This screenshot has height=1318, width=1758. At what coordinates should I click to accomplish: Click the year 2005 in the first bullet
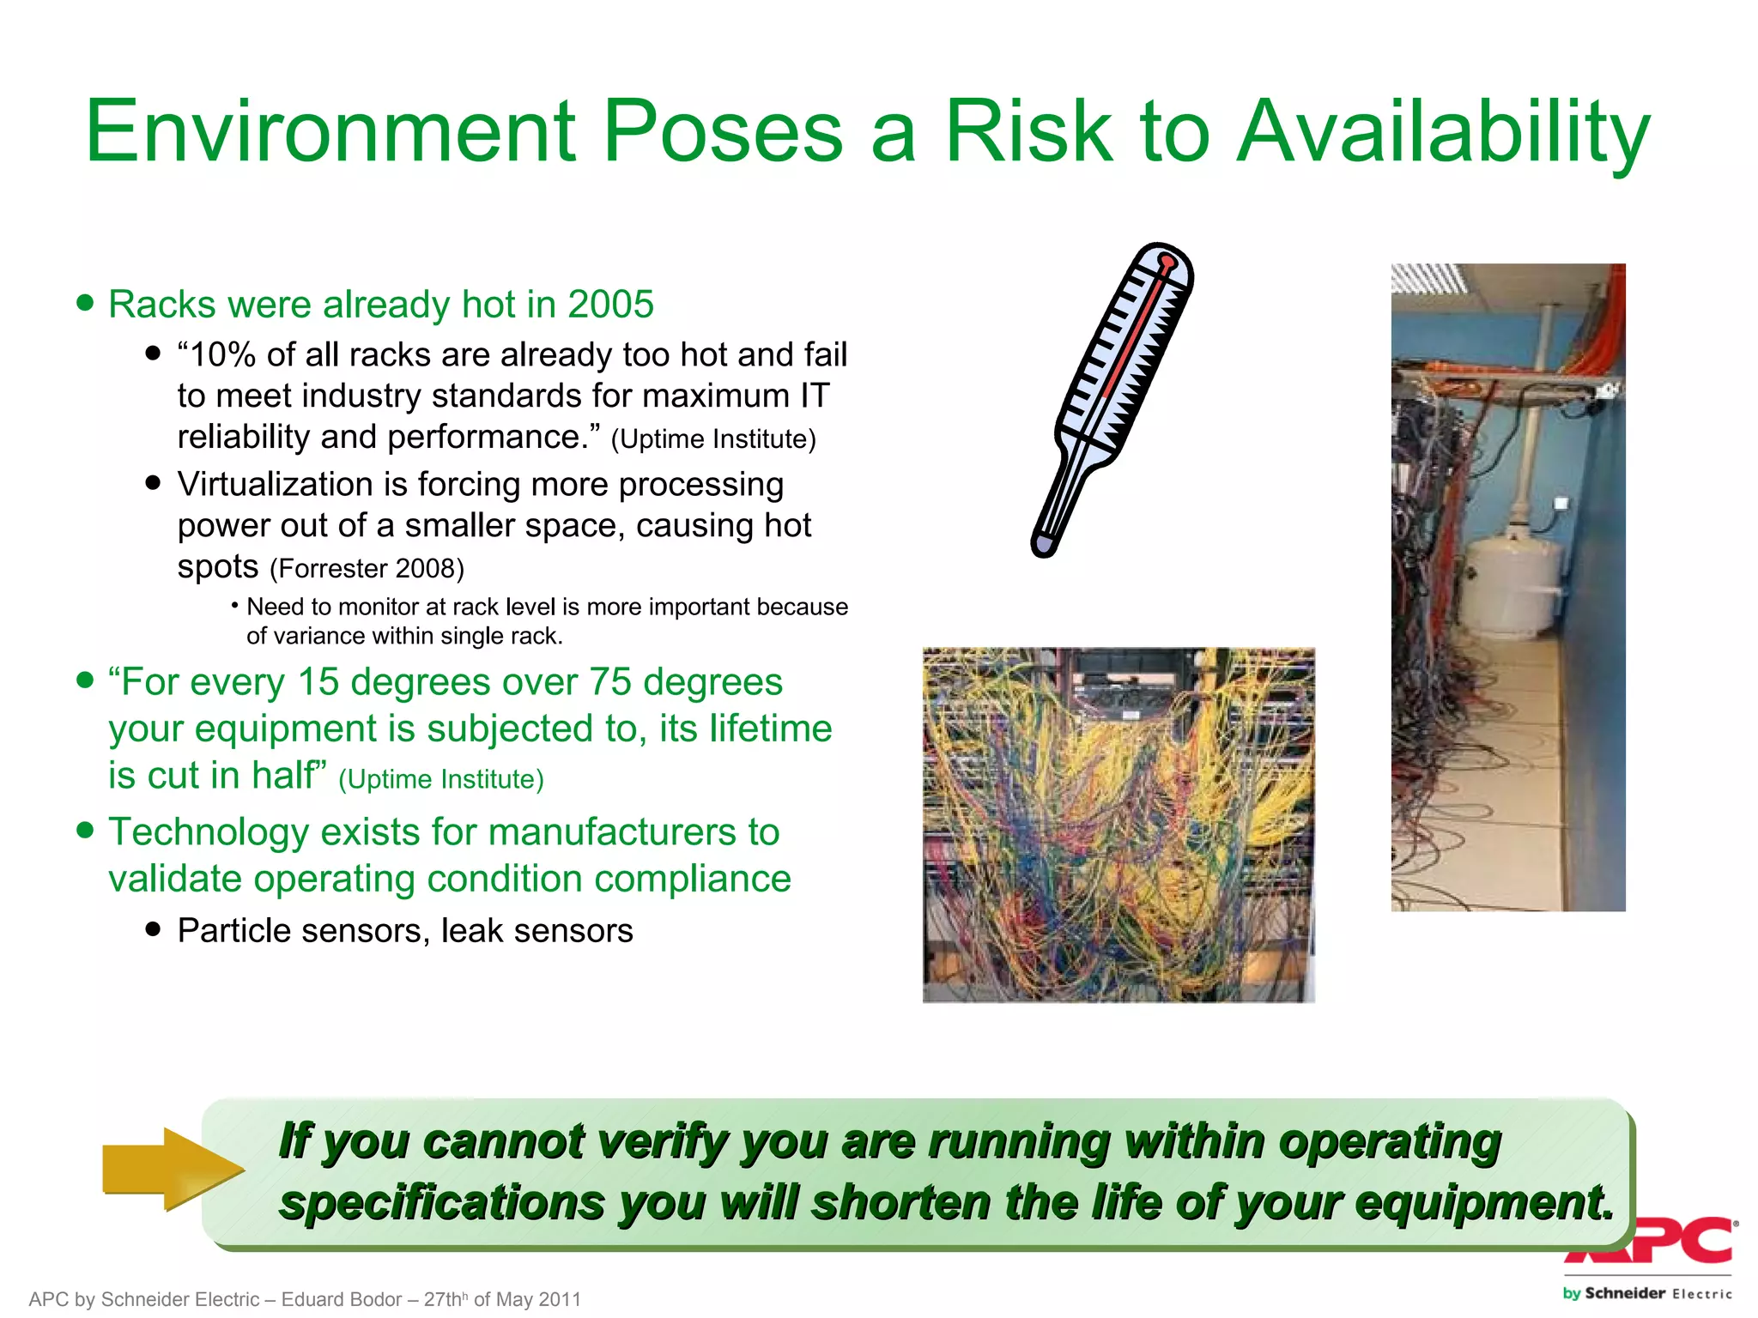pos(610,305)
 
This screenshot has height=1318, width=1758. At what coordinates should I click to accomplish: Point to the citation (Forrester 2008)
pos(367,568)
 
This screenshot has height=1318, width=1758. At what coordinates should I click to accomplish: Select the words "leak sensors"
pos(536,931)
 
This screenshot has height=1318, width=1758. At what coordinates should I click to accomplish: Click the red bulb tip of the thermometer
pos(1167,261)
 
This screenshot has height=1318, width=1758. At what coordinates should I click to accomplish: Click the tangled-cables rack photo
pos(1118,825)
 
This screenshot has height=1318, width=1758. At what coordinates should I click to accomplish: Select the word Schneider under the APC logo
pos(1625,1293)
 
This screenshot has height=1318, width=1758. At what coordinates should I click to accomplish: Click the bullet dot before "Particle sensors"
pos(154,928)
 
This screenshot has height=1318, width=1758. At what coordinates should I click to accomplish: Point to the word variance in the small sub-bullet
pos(309,636)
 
